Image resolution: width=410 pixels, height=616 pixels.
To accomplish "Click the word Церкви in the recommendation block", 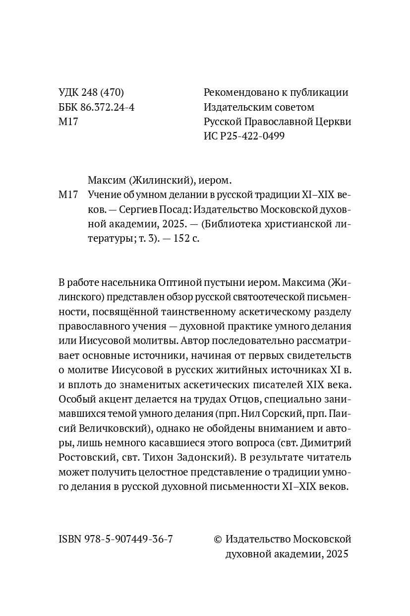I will coord(333,122).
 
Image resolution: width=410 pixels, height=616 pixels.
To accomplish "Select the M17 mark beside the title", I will coord(68,195).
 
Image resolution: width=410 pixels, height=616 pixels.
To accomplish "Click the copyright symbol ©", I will coord(217,540).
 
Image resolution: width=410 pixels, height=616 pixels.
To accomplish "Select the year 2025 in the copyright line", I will coord(337,554).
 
